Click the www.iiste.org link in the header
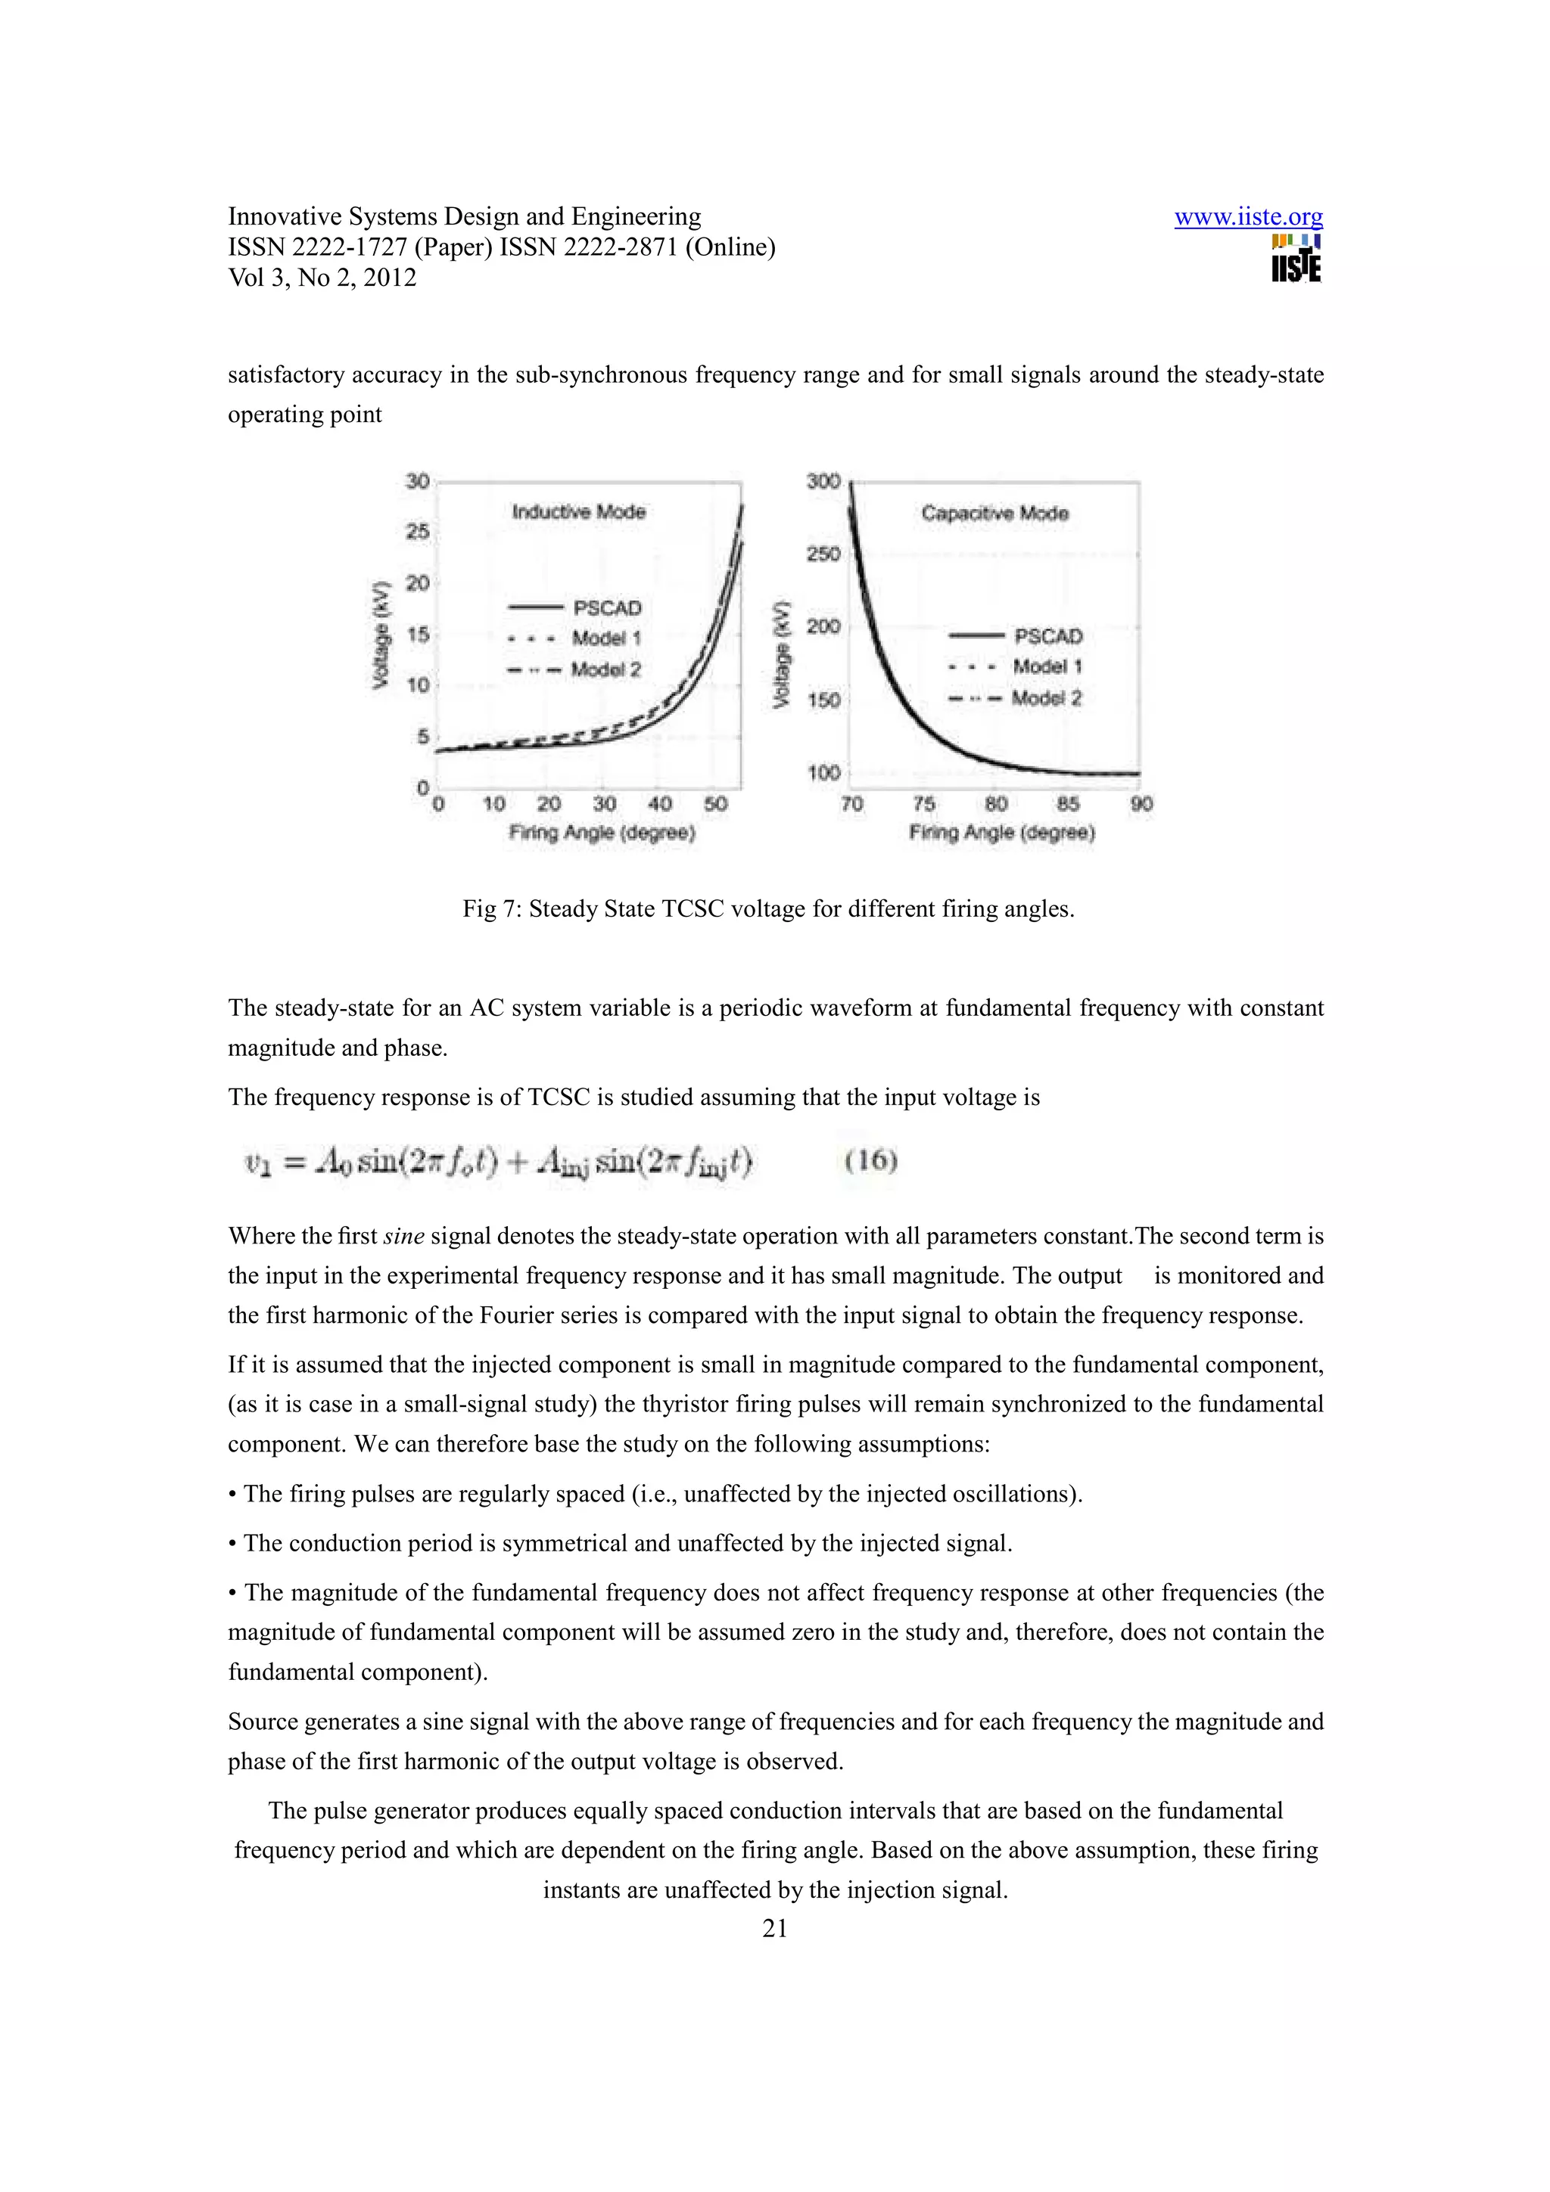[x=1248, y=218]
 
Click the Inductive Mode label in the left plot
[x=579, y=512]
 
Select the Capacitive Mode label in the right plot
[x=994, y=514]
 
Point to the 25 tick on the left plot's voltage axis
[x=417, y=532]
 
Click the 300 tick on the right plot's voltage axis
[x=823, y=481]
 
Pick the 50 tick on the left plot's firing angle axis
[x=715, y=804]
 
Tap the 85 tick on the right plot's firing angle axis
[x=1068, y=804]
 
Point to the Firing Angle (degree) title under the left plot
[x=602, y=833]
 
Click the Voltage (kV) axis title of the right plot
[x=782, y=655]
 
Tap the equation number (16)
[x=871, y=1160]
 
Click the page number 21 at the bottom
[x=774, y=1929]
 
